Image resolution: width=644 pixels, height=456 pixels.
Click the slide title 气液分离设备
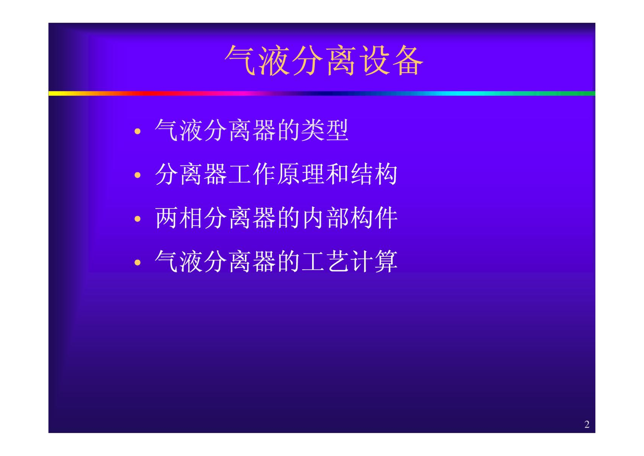click(x=324, y=60)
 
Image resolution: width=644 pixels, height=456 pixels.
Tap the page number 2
click(x=587, y=424)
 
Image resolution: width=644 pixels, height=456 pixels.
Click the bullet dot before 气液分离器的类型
click(x=138, y=131)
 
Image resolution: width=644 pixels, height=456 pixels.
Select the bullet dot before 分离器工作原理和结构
click(x=138, y=175)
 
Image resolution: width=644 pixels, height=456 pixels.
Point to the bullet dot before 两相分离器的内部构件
click(x=138, y=219)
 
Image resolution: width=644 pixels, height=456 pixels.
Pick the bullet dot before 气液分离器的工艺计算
click(x=138, y=263)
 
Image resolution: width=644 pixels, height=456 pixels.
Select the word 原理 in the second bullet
click(x=301, y=174)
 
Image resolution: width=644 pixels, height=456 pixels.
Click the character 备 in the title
click(x=408, y=60)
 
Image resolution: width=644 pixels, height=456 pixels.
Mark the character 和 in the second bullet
click(x=337, y=174)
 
